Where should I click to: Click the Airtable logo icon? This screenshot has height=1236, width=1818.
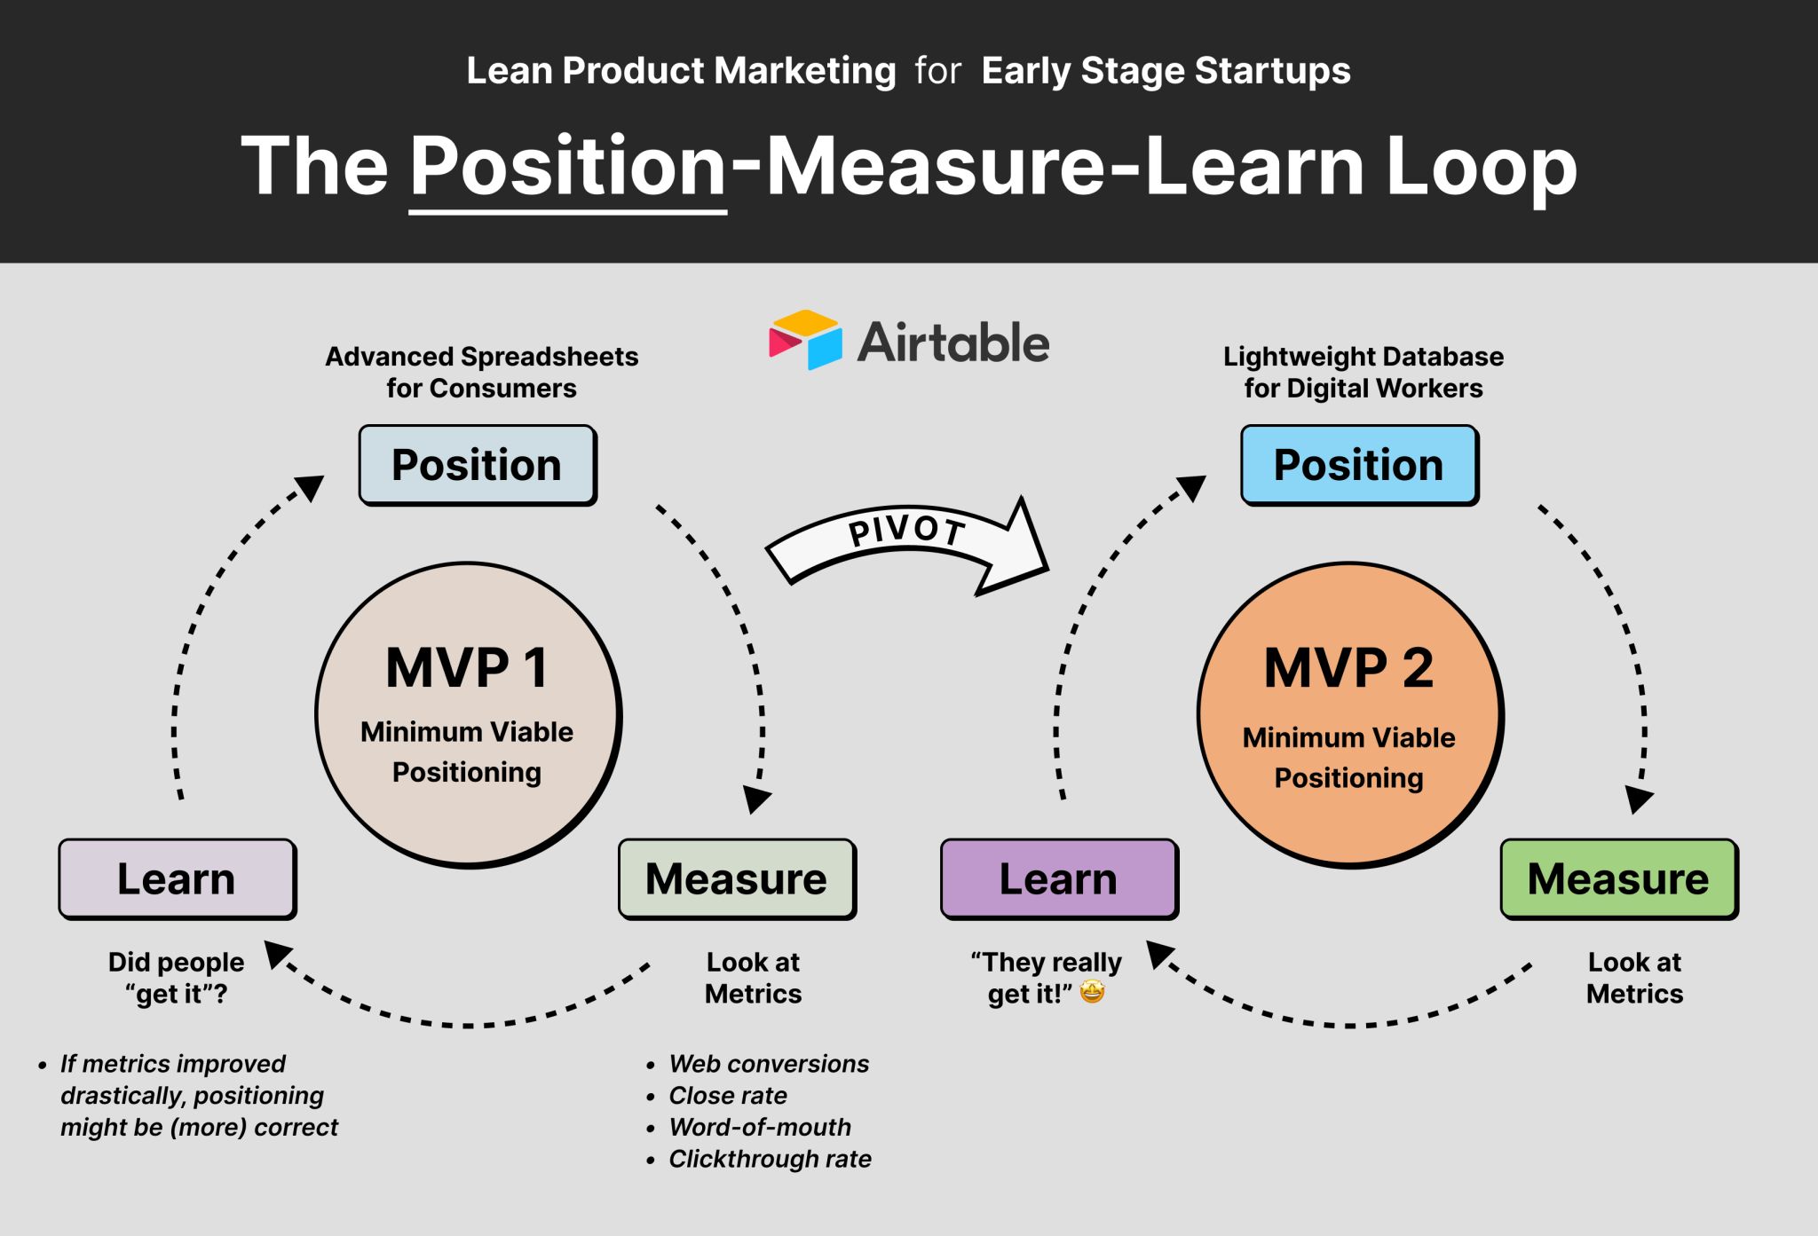coord(805,340)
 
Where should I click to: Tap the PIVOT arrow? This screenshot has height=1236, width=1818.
coord(905,543)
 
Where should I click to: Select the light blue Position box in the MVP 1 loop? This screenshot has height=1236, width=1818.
coord(478,465)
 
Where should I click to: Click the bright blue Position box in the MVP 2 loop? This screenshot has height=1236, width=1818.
coord(1359,465)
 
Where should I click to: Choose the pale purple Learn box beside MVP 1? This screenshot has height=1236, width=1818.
coord(178,878)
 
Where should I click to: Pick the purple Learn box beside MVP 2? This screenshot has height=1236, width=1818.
coord(1059,878)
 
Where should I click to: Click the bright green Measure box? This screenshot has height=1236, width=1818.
coord(1618,878)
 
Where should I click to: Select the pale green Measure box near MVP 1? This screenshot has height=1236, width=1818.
coord(737,878)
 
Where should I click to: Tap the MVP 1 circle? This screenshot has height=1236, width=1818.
coord(468,714)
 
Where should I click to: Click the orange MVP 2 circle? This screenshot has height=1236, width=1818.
coord(1349,714)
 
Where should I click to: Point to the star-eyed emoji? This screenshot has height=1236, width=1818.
coord(1093,992)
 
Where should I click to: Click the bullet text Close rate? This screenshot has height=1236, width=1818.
coord(728,1096)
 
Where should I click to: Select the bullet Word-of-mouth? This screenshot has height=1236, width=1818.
coord(760,1128)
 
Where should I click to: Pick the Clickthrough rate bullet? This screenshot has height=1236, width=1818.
coord(770,1160)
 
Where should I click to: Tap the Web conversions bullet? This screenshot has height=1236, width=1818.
coord(769,1064)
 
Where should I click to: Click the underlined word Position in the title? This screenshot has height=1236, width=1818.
coord(568,167)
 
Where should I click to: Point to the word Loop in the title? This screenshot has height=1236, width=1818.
coord(1481,167)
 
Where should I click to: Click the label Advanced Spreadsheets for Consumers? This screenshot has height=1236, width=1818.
coord(482,373)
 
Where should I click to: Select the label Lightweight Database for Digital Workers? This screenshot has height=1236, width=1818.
coord(1363,373)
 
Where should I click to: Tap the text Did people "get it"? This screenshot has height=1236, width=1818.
coord(177,978)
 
